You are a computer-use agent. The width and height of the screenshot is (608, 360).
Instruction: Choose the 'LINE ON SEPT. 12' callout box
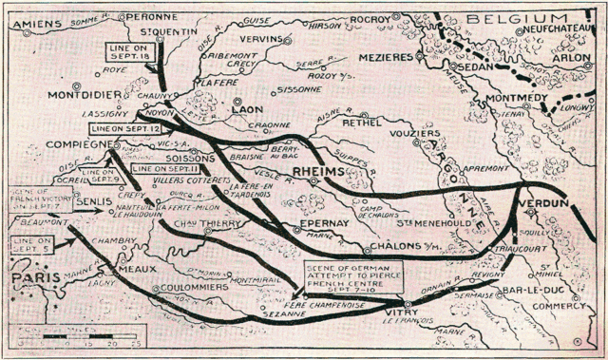119,127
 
